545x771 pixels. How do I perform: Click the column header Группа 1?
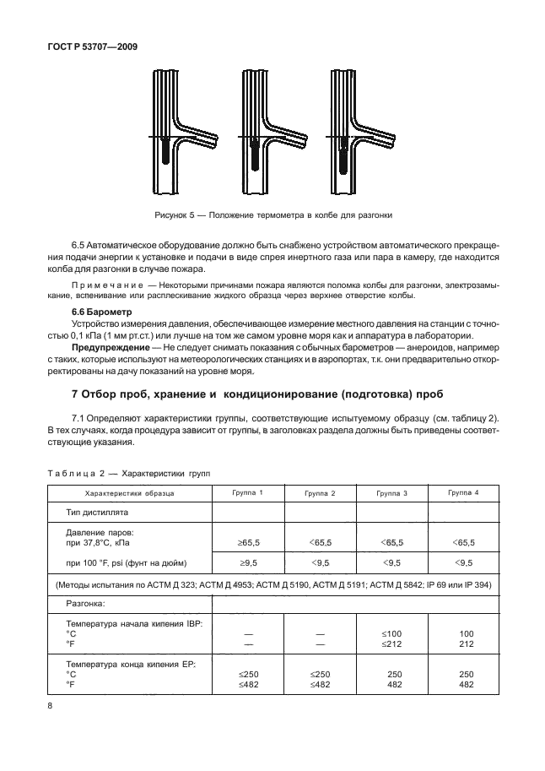coord(247,492)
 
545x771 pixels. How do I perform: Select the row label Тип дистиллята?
coord(98,513)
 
